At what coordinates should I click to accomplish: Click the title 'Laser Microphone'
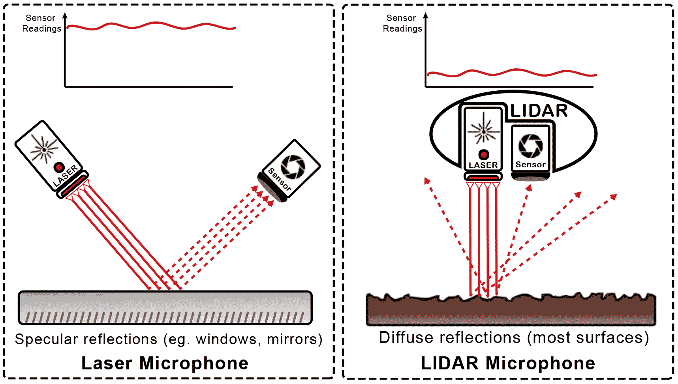click(165, 363)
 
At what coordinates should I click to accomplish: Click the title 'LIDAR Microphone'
click(508, 363)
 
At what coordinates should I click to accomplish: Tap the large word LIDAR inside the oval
click(539, 111)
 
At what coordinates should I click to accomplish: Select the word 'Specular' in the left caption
click(47, 339)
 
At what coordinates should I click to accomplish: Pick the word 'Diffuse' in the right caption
click(404, 338)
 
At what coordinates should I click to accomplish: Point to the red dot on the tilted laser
click(59, 167)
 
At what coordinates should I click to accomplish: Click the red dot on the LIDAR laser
click(483, 154)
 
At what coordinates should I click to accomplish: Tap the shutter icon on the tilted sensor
click(293, 167)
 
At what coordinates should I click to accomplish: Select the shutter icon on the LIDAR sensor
click(530, 146)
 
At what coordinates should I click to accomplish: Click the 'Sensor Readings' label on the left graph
click(41, 23)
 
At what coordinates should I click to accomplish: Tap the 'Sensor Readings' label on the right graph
click(402, 23)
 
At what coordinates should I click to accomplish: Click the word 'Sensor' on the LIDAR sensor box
click(530, 165)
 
